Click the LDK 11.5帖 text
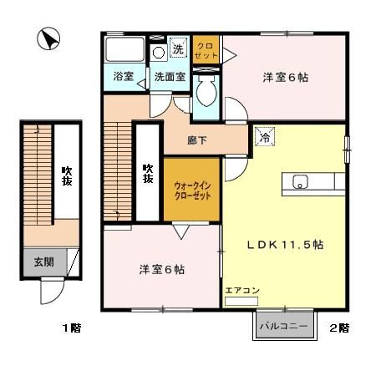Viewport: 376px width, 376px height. [x=285, y=245]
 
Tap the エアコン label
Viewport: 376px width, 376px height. [x=242, y=290]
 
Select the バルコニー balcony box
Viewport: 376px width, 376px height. [x=284, y=325]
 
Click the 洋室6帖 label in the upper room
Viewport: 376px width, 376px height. [x=286, y=78]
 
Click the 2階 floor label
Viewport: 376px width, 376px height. [x=338, y=328]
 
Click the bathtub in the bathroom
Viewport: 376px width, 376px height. [x=124, y=49]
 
